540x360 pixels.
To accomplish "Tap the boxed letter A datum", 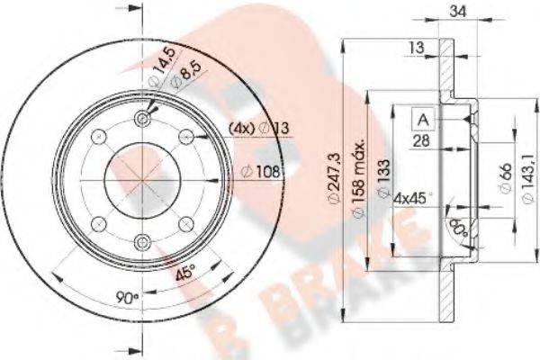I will point(422,118).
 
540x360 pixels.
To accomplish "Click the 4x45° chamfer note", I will point(414,195).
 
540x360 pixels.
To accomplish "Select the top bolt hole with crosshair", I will point(144,120).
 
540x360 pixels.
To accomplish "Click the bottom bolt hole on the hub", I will point(144,241).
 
